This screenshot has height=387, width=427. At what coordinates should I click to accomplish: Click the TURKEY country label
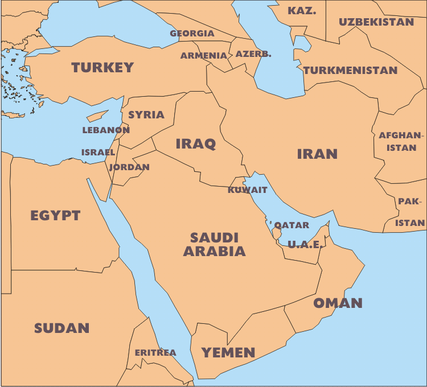(102, 68)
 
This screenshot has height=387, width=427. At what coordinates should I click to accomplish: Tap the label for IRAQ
(195, 143)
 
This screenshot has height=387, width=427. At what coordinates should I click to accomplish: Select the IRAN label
(317, 154)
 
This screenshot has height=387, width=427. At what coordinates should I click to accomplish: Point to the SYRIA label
(146, 115)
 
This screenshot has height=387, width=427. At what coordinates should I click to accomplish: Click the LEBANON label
(106, 130)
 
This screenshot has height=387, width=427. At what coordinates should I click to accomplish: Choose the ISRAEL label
(98, 153)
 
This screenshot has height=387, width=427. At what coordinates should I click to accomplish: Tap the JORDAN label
(129, 167)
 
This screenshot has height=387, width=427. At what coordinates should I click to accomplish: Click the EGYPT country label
(55, 216)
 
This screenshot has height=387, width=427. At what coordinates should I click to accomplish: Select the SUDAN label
(61, 328)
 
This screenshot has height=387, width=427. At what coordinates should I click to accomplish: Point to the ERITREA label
(155, 353)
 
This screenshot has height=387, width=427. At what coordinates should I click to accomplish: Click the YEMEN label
(228, 352)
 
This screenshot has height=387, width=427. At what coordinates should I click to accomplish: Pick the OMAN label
(338, 303)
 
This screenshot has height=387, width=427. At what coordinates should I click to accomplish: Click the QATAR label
(292, 225)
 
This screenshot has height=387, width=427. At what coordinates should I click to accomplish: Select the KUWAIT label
(248, 190)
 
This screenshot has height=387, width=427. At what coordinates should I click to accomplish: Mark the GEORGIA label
(192, 34)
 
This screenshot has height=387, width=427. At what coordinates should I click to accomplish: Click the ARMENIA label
(204, 56)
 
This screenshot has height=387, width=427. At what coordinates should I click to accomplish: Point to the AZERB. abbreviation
(253, 55)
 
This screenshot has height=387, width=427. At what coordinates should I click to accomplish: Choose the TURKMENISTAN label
(350, 71)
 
